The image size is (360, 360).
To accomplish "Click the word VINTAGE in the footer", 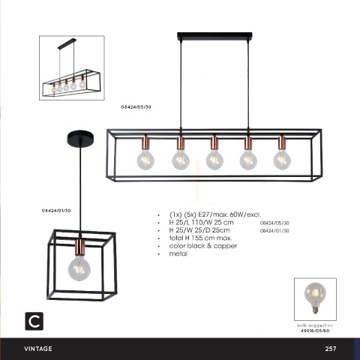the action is (x=38, y=349).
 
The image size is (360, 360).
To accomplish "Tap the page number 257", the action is (x=331, y=349).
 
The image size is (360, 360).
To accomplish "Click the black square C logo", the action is (x=34, y=321).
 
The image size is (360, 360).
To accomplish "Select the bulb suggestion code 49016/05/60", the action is (x=315, y=331).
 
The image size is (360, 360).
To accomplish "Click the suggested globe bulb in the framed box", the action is (x=315, y=297).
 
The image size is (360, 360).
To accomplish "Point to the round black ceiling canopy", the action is (x=80, y=137).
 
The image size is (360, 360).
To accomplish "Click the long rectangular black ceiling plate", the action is (x=214, y=36).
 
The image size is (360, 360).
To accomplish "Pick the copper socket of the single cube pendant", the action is (x=80, y=247).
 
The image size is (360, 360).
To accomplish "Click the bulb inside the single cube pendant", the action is (x=79, y=268).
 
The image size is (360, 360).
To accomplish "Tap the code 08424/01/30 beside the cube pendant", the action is (x=56, y=211).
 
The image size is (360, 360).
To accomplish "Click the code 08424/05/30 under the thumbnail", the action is (x=136, y=107).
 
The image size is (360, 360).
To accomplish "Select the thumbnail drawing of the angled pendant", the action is (x=72, y=67).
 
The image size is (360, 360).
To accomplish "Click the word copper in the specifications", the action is (x=225, y=246).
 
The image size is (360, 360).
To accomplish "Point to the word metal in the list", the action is (x=178, y=253).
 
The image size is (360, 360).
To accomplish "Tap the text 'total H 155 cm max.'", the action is (x=200, y=238).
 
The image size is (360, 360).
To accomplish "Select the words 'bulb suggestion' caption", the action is (x=315, y=325).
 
